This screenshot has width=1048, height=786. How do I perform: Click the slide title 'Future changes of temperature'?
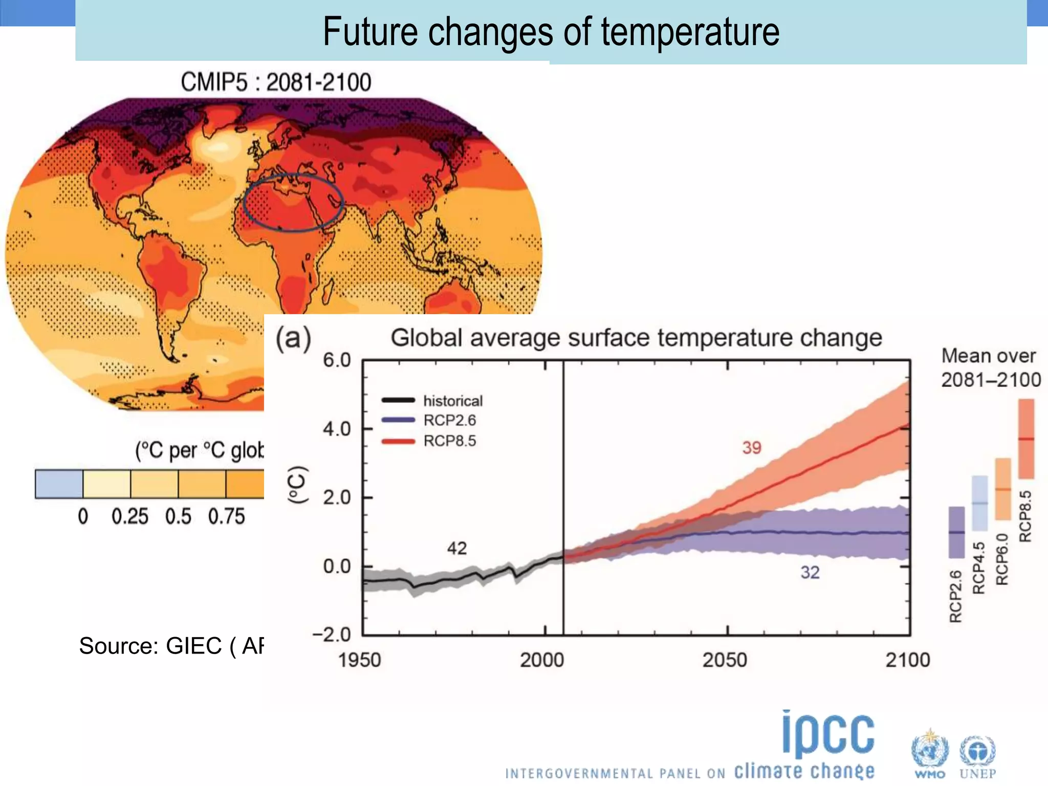pos(551,32)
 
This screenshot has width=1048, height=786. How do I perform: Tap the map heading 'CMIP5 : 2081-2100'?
pos(276,82)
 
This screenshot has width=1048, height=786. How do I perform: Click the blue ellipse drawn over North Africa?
pos(245,205)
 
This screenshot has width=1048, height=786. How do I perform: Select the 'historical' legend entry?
pos(452,401)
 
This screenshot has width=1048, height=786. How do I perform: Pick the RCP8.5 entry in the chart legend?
pos(449,441)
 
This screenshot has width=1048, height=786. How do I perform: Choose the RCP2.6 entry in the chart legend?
pos(449,420)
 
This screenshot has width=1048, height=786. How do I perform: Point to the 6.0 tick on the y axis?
pos(337,360)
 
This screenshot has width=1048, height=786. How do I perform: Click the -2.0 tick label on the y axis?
pos(332,635)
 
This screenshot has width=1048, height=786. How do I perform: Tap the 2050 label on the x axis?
pos(725,660)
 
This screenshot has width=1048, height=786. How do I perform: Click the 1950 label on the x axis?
pos(359,660)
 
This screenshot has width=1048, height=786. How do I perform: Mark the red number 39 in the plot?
pos(752,448)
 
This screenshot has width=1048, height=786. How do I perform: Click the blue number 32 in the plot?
pos(810,572)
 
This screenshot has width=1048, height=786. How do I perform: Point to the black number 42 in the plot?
pos(456,549)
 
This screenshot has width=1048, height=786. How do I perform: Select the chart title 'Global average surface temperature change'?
pos(636,338)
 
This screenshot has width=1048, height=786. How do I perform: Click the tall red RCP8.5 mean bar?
pos(1026,439)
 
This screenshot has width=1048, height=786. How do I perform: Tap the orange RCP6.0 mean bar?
pos(1002,489)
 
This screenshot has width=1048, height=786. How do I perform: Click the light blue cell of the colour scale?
pos(59,484)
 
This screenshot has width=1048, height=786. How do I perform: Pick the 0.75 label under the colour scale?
pos(226,516)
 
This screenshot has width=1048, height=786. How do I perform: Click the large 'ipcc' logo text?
pos(828,735)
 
